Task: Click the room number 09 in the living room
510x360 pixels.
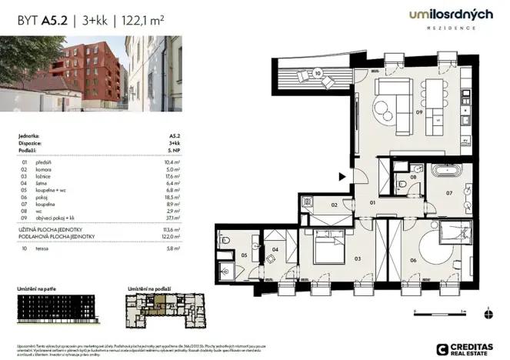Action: point(420,112)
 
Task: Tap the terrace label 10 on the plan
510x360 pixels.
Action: point(318,75)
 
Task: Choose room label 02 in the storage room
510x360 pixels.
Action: point(325,205)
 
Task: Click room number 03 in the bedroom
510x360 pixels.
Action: point(357,259)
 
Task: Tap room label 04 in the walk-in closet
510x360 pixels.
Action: point(275,250)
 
